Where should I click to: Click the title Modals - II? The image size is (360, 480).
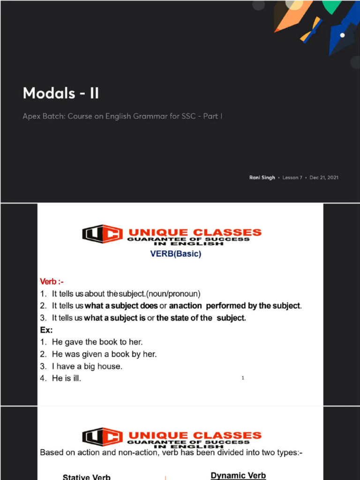point(61,93)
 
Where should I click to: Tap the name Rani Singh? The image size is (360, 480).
point(262,178)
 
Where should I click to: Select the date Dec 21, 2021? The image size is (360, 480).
point(324,178)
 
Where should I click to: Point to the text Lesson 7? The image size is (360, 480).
point(292,178)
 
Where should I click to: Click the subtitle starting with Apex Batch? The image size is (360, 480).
point(122,116)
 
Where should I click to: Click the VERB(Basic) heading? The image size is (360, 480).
point(175,254)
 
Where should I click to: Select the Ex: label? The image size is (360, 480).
point(46,330)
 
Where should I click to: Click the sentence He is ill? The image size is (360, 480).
point(66,378)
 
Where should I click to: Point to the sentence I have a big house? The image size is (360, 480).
point(87,366)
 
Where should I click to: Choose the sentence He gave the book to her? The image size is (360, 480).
point(97,342)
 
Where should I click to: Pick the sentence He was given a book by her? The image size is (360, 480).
point(104,354)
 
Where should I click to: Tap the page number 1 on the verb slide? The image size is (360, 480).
point(243,378)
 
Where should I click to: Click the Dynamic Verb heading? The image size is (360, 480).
point(238,475)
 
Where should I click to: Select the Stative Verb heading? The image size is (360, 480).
point(87,477)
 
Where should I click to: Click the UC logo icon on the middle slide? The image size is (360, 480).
point(102,233)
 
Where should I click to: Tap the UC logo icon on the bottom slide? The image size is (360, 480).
point(102,437)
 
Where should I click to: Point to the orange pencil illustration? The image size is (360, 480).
point(293,16)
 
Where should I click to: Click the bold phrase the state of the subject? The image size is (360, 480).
point(201,318)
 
